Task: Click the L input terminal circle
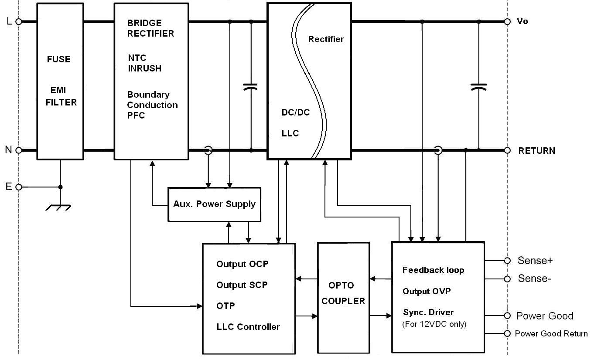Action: pos(19,21)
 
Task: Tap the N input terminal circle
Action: pos(19,150)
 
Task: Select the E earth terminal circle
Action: pos(19,187)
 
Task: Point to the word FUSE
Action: pos(59,59)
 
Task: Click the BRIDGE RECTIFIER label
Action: pos(150,28)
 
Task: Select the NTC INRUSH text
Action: pos(144,63)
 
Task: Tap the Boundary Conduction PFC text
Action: pos(152,105)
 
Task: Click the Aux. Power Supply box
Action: pos(214,204)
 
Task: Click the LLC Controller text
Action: pos(248,327)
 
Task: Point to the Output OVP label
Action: pos(426,292)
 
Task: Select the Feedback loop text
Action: pos(433,270)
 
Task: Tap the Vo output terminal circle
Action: pos(507,21)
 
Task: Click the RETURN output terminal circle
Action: pos(507,150)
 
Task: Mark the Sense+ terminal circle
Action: pos(507,261)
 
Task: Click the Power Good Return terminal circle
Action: pos(507,334)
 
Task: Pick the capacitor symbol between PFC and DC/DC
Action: pos(250,87)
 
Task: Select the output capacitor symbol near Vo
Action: pos(478,87)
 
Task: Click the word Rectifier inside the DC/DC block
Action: pos(326,39)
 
